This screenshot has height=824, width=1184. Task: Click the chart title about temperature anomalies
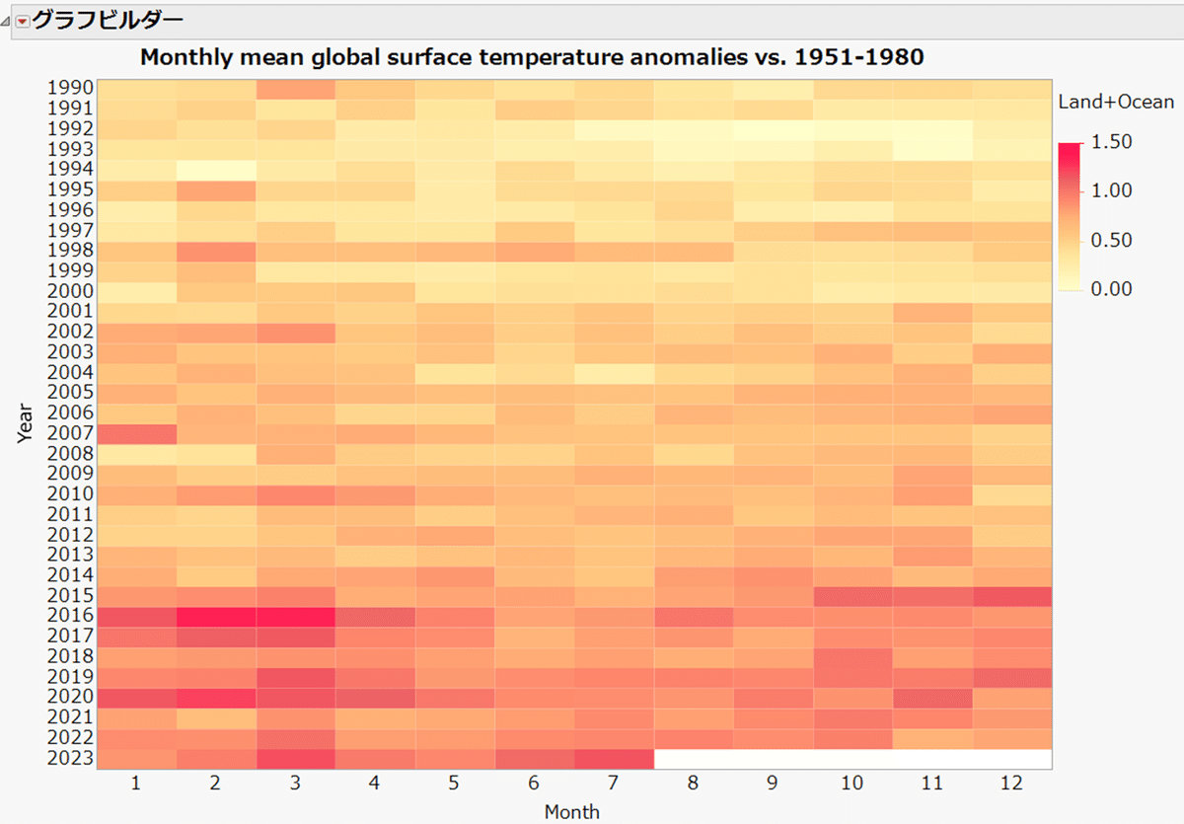pos(532,56)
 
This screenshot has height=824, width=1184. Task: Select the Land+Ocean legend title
pos(1116,102)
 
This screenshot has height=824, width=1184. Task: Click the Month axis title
pos(572,812)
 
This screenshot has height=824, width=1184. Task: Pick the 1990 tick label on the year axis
pos(70,88)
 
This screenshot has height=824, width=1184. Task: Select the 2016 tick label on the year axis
pos(70,616)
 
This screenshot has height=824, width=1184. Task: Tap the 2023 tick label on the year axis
pos(70,758)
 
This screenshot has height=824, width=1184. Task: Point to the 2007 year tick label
pos(70,433)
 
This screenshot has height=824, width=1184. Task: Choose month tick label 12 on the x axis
pos(1012,784)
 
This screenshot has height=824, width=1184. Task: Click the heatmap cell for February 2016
pos(217,616)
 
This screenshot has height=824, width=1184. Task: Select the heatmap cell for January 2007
pos(137,433)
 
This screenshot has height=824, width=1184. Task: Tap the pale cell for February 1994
pos(217,169)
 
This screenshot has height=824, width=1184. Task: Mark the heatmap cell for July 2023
pos(615,758)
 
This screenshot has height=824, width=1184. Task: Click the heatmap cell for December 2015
pos(1012,596)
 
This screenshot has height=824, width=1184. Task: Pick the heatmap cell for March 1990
pos(296,88)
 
